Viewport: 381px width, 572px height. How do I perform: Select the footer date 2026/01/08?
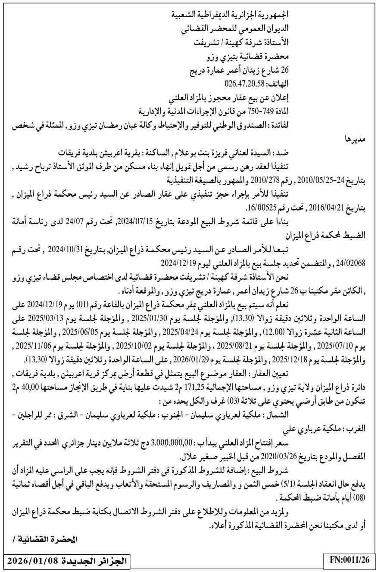click(35, 560)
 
